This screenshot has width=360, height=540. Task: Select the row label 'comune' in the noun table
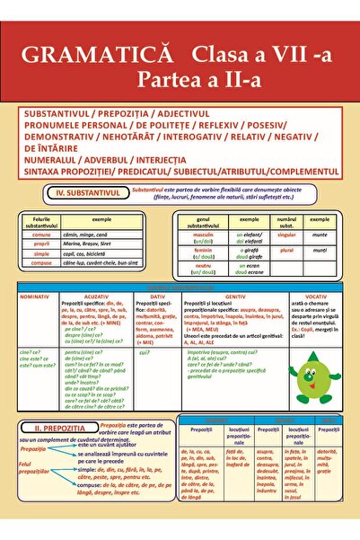tap(41, 234)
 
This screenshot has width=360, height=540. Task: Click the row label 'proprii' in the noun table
tap(41, 243)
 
